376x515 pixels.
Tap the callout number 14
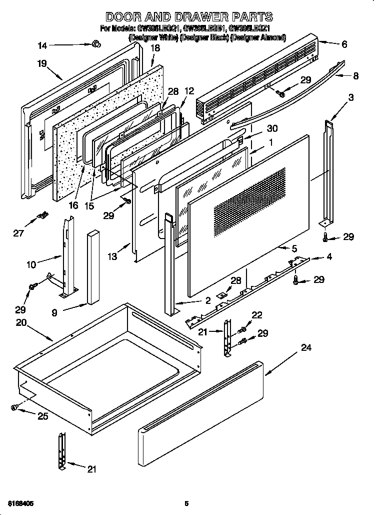(43, 46)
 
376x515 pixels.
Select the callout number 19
(41, 63)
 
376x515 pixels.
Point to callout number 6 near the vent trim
(344, 44)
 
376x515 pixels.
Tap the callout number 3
(351, 97)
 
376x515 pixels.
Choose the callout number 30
(272, 128)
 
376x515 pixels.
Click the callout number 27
(18, 233)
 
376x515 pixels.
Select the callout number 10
(31, 264)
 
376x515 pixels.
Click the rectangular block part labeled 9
(93, 267)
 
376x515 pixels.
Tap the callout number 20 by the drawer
(21, 323)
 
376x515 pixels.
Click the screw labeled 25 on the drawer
(14, 408)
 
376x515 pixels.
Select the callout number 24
(306, 348)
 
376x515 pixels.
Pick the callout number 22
(257, 314)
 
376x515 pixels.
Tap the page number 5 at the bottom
(186, 503)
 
